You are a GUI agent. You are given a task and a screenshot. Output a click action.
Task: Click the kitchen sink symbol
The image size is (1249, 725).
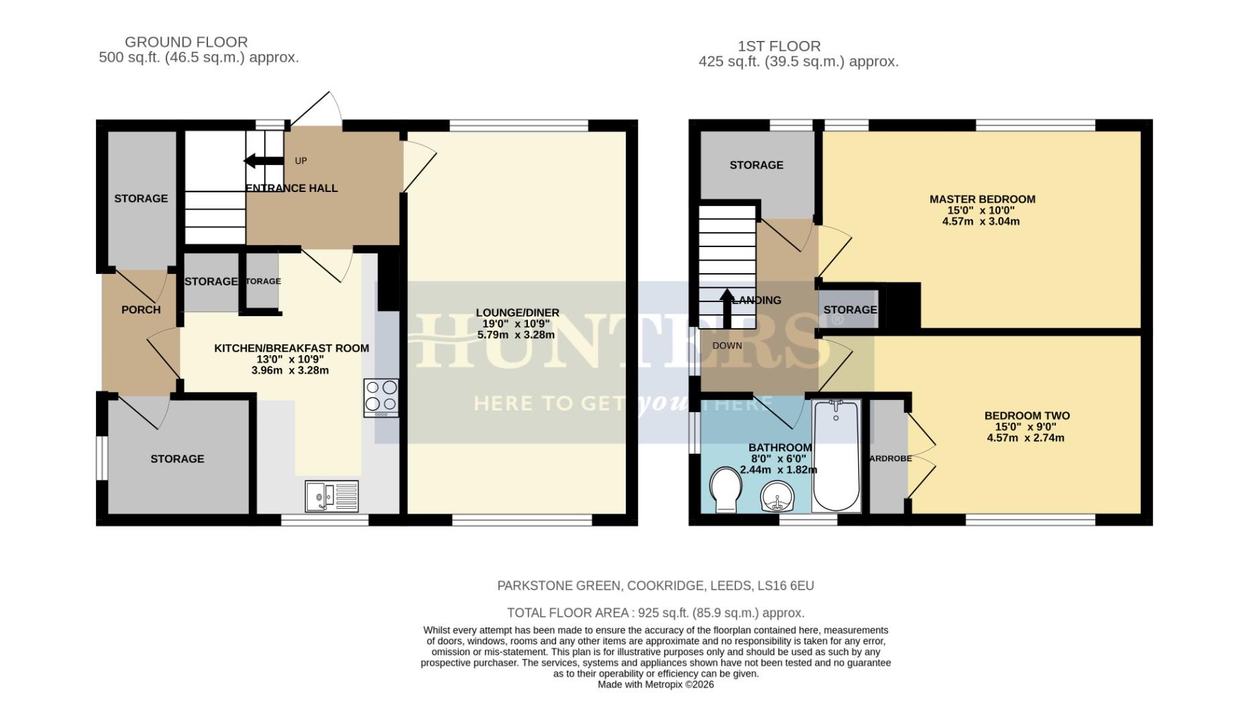pos(331,497)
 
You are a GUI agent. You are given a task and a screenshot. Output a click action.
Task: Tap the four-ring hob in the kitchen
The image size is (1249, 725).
pos(381,397)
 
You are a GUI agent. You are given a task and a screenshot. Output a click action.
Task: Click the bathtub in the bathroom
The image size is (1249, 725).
pos(836,456)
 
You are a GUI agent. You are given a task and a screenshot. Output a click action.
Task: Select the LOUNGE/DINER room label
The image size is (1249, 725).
pos(517,313)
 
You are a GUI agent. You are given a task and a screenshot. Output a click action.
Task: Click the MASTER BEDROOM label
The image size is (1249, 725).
pos(981,199)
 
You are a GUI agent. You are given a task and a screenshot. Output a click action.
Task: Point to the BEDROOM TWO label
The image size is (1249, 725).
pos(1026,416)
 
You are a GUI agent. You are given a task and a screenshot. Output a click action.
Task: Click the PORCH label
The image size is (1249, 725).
pos(141,309)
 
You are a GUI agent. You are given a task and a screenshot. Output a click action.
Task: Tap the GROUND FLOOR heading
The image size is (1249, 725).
pos(186,42)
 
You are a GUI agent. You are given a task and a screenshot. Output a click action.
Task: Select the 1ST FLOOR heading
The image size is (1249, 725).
pos(779,46)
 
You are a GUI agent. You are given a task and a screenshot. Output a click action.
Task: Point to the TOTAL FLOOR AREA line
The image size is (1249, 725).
pos(655,613)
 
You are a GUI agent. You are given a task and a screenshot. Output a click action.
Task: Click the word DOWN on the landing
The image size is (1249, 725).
pos(727,346)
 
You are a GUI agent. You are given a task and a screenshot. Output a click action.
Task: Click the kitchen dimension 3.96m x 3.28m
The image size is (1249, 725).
pos(290,371)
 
